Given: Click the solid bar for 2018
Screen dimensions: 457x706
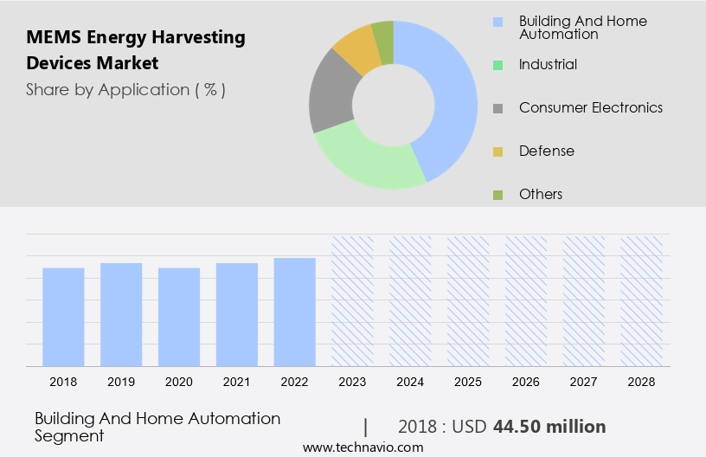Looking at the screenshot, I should click(63, 317).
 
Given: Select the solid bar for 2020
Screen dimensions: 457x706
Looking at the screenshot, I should click(179, 317).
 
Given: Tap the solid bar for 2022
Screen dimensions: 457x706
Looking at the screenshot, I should click(295, 312).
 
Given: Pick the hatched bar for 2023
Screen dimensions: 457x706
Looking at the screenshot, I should click(352, 300).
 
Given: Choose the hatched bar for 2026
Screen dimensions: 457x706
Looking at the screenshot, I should click(526, 300).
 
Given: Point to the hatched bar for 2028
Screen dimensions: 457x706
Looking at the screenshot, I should click(642, 300).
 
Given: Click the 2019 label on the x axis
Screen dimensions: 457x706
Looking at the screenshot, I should click(121, 381).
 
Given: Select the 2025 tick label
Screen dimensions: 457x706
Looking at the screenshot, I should click(468, 381).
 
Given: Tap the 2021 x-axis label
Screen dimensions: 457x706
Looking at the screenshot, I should click(237, 381).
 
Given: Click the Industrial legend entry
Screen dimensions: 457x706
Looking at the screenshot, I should click(548, 64).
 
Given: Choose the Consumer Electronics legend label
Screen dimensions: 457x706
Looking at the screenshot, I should click(590, 107).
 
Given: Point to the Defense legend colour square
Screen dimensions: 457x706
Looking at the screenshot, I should click(497, 151).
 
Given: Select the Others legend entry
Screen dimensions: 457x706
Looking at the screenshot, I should click(540, 194).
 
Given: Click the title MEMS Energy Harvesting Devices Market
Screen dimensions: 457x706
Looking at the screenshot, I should click(135, 50).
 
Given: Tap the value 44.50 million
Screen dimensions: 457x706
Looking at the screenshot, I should click(549, 427).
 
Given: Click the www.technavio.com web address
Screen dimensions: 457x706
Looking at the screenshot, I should click(363, 447).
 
